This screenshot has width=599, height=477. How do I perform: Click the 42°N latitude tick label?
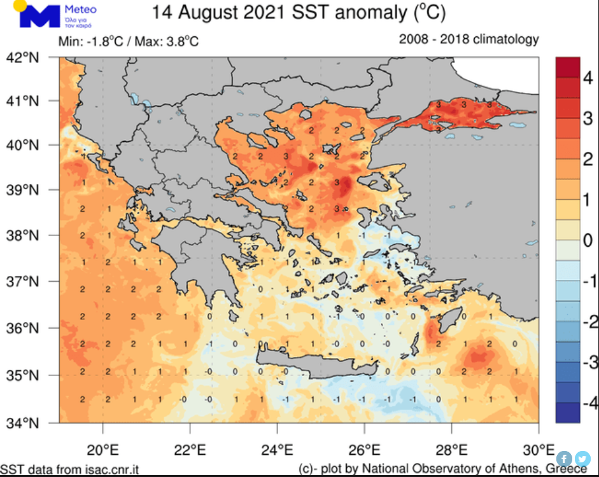[x=23, y=58]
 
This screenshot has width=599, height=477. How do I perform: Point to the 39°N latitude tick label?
[x=23, y=190]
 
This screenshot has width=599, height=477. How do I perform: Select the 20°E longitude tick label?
[x=102, y=449]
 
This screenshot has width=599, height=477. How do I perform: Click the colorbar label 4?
[x=588, y=79]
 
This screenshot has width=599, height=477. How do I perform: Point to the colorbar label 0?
[x=588, y=240]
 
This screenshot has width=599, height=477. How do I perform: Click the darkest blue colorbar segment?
[x=567, y=413]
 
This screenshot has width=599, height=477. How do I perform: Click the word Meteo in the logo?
[x=80, y=10]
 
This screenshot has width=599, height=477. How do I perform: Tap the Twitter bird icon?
[x=582, y=459]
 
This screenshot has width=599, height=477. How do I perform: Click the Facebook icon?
[x=565, y=459]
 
